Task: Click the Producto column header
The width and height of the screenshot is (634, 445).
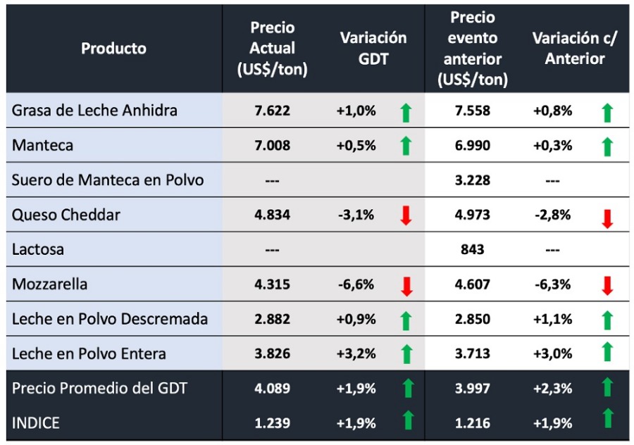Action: click(x=113, y=49)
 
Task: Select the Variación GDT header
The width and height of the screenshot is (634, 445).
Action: click(x=373, y=49)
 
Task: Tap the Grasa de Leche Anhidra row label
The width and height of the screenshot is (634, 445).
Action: click(x=94, y=111)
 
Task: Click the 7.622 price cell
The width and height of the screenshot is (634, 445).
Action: click(x=272, y=111)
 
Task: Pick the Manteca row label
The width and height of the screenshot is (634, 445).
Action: click(x=42, y=145)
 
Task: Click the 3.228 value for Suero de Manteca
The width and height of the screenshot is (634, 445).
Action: click(x=471, y=180)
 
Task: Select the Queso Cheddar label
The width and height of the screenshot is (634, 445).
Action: click(x=66, y=215)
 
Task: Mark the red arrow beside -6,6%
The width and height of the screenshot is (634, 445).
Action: click(x=406, y=285)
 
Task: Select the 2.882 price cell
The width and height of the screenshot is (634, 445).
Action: click(x=272, y=319)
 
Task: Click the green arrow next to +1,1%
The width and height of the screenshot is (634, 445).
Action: click(x=607, y=320)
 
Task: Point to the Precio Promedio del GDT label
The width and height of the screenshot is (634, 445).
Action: click(x=100, y=388)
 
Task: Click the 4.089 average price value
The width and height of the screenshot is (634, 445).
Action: click(x=272, y=389)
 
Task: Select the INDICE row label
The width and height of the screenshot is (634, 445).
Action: click(x=36, y=423)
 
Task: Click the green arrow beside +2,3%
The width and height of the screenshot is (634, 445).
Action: click(x=607, y=387)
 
